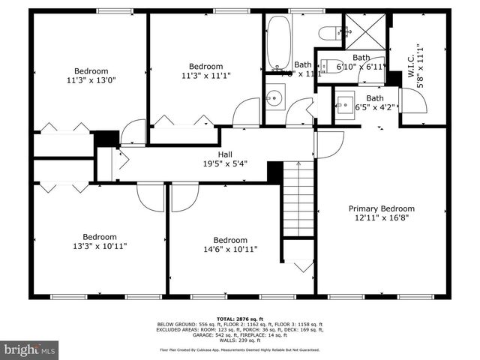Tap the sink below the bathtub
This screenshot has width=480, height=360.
click(x=275, y=96)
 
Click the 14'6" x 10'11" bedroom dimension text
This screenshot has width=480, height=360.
click(x=224, y=250)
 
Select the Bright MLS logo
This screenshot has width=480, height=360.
click(x=30, y=349)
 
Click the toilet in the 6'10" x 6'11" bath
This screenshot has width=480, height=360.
click(x=331, y=64)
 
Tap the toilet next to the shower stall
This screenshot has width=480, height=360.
click(x=328, y=31)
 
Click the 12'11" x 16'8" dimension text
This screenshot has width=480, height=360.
click(x=381, y=218)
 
